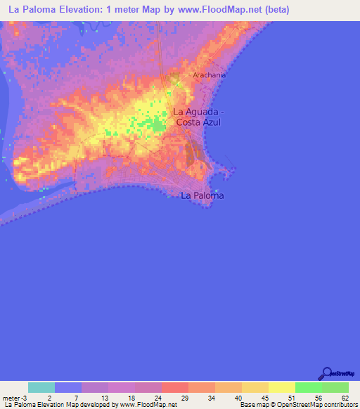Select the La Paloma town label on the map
tap(202, 195)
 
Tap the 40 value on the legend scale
tap(238, 398)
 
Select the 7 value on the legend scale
tap(77, 398)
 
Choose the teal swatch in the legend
tap(41, 387)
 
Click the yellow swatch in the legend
tap(281, 387)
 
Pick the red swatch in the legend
tap(175, 387)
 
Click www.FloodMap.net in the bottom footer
tap(148, 405)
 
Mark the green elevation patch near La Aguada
tap(156, 126)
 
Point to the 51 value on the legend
tap(291, 398)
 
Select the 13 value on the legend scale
tap(103, 398)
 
